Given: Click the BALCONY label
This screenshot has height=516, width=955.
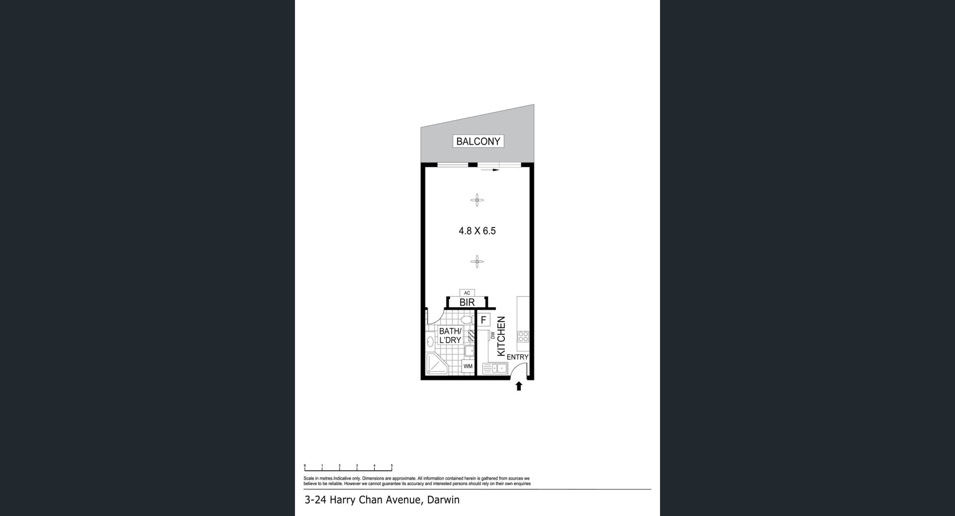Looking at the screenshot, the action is tap(478, 141).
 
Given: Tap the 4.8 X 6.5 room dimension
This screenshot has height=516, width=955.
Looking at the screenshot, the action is tap(477, 231).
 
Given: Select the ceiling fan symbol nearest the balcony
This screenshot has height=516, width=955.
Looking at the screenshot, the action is tap(477, 200).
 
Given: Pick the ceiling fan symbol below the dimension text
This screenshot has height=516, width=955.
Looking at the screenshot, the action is tap(477, 261).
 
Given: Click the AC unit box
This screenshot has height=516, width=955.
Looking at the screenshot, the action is tap(467, 293).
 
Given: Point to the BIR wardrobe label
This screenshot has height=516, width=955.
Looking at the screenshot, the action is tap(467, 302).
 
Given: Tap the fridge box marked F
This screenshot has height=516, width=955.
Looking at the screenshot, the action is tap(483, 320).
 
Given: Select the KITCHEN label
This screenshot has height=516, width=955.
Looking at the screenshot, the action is tap(501, 337).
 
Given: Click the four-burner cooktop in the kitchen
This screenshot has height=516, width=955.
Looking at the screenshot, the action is tap(523, 337).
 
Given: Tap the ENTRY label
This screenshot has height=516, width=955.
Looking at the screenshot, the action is tap(517, 357).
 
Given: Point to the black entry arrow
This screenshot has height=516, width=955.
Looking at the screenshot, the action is tap(519, 386).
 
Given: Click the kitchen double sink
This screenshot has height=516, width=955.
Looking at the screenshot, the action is tap(495, 368).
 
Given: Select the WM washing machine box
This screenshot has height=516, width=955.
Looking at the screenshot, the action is tap(468, 366).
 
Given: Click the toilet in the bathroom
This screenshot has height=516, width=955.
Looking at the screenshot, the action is tap(467, 319).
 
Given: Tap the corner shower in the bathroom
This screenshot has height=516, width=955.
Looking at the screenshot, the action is tap(437, 364).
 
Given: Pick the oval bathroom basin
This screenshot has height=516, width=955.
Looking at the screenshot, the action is tap(430, 342).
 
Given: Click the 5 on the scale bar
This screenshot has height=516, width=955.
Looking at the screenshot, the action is tap(392, 465).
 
